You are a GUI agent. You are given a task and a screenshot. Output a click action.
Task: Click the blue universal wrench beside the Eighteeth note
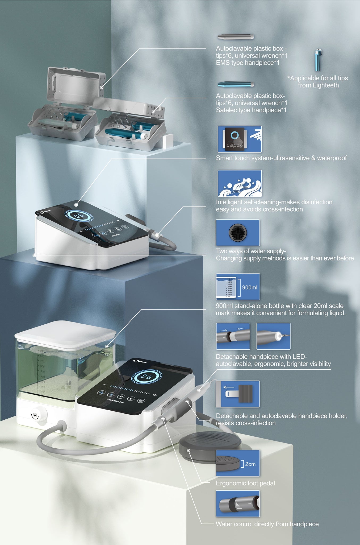(x=318, y=60)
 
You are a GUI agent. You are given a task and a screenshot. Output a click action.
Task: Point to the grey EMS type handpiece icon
(x=235, y=37)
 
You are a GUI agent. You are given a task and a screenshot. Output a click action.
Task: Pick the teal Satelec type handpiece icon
(x=235, y=84)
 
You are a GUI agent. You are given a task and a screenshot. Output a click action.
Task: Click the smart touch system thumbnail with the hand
(x=239, y=139)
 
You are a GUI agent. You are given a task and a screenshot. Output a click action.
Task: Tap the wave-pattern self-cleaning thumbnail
(x=239, y=183)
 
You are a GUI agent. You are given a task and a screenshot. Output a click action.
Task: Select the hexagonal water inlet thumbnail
(x=238, y=233)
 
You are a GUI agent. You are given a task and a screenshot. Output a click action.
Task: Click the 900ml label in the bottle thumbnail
(x=249, y=287)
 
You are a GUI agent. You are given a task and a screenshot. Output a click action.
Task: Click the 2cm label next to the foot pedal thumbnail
(x=250, y=464)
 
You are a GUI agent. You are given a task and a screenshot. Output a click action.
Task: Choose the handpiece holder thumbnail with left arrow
(x=238, y=394)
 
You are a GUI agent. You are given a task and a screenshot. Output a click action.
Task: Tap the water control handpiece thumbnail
(x=238, y=503)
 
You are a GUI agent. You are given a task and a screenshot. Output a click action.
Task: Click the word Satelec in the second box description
(x=225, y=110)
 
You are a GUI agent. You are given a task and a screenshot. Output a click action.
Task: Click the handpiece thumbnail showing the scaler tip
(x=273, y=336)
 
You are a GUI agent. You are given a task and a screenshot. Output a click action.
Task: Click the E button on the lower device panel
(x=131, y=398)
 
